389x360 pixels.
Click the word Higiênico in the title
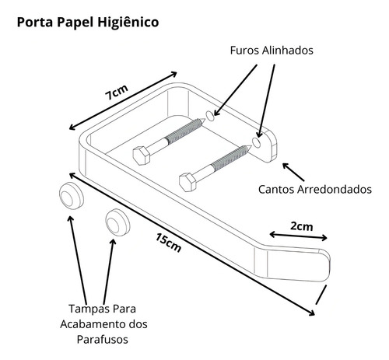point(128,22)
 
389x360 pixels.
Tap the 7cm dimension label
point(117,92)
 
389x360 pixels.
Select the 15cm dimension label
point(168,243)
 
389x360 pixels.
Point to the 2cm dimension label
point(301,226)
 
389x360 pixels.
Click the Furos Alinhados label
point(272,51)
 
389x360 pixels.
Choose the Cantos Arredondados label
point(315,189)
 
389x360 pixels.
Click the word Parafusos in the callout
point(103,340)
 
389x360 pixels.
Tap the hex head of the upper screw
point(142,156)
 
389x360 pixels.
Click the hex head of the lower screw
point(187,182)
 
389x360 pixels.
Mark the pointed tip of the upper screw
point(205,120)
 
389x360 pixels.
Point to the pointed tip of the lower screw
point(251,147)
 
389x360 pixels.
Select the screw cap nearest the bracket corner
point(72,196)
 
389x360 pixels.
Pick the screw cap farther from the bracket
point(117,222)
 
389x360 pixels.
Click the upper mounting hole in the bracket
point(210,115)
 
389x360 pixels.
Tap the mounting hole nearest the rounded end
point(256,142)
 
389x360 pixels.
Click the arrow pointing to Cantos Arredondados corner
point(293,172)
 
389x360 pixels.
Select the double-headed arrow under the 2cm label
point(299,236)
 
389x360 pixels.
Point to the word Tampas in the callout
point(86,309)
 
